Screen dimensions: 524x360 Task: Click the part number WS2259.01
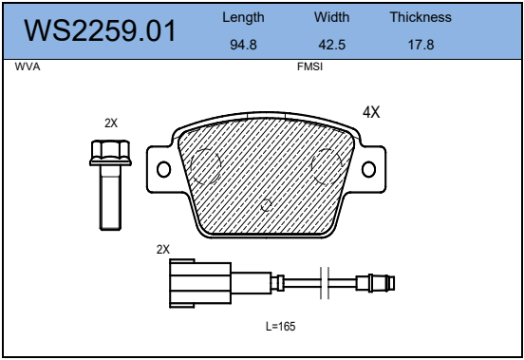coord(100,30)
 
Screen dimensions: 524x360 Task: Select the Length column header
coord(243,18)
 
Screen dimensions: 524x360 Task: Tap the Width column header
coord(332,17)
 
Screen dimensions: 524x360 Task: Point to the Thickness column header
coord(421,17)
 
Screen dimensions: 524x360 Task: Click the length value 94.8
coord(243,45)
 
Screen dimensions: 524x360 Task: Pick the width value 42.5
coord(332,45)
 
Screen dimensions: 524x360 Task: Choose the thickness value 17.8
coord(421,45)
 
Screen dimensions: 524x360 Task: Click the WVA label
coord(28,66)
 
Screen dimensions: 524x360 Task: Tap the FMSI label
coord(309,66)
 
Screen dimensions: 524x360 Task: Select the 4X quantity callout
coord(371,112)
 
